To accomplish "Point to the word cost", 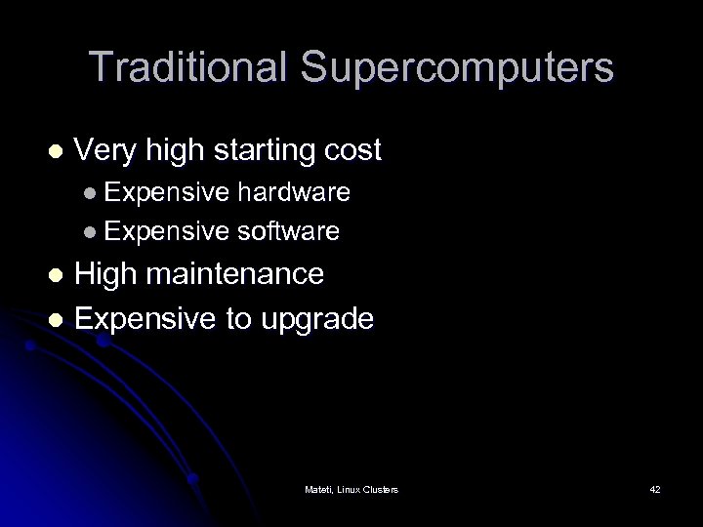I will (x=350, y=151).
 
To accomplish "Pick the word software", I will (x=288, y=231).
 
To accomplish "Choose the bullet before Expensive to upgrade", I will (x=56, y=318).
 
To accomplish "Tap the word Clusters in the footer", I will (x=380, y=488).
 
